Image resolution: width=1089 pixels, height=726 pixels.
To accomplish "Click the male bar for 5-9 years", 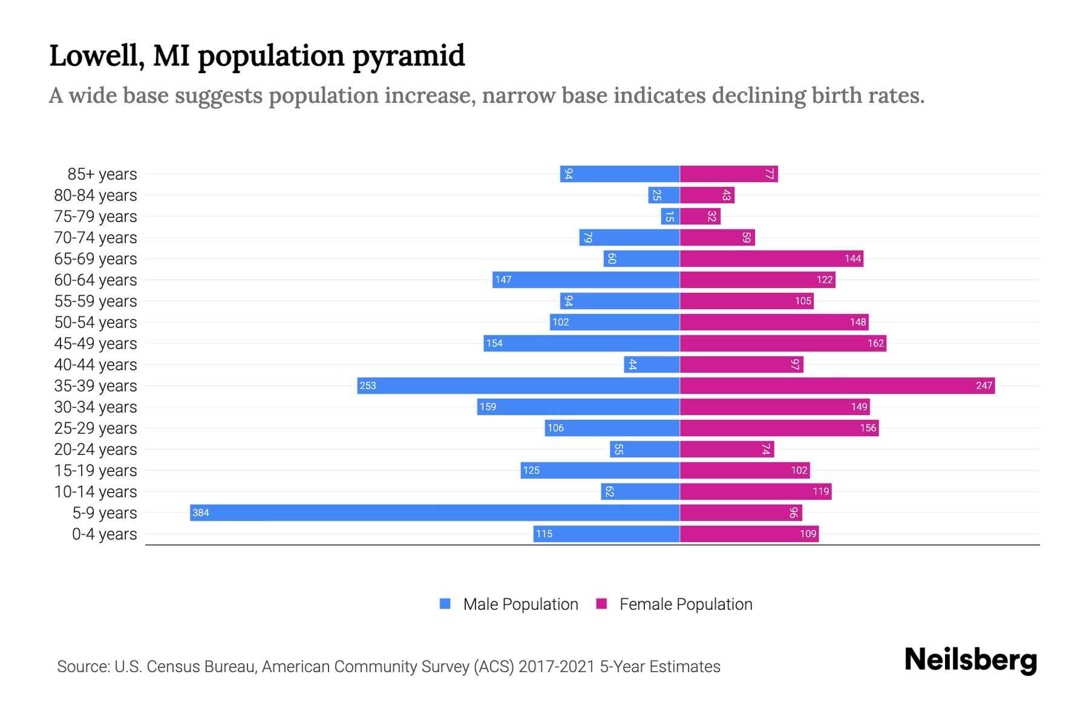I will [434, 512].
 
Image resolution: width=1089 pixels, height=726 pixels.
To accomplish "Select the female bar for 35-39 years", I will [837, 385].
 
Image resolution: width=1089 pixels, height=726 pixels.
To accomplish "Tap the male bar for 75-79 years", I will [670, 216].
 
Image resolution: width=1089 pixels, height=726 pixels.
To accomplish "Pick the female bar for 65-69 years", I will [771, 258].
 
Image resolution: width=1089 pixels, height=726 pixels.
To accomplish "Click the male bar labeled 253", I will [518, 385].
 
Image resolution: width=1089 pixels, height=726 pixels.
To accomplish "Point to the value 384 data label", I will [201, 513].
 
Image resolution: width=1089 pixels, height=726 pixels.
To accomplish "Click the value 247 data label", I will [984, 385].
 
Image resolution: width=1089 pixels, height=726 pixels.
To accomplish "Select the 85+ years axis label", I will [102, 174].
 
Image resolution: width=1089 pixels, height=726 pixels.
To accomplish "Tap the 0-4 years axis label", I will [104, 534].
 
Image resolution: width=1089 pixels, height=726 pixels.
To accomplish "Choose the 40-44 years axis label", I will [96, 365].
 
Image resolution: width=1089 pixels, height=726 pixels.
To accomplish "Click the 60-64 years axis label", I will [96, 280].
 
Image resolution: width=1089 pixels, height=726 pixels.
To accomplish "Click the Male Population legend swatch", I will [445, 604].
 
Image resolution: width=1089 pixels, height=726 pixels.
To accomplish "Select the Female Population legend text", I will [685, 604].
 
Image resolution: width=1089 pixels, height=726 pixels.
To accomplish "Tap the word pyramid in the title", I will [408, 56].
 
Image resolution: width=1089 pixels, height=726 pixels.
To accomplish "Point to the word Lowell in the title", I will [97, 56].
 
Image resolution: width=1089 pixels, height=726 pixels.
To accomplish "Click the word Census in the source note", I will [172, 667].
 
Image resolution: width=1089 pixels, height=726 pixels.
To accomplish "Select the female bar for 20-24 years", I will [727, 449].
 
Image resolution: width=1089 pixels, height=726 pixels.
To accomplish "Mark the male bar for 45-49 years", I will [581, 343].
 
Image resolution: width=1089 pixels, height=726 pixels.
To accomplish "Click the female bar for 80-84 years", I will [707, 195].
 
